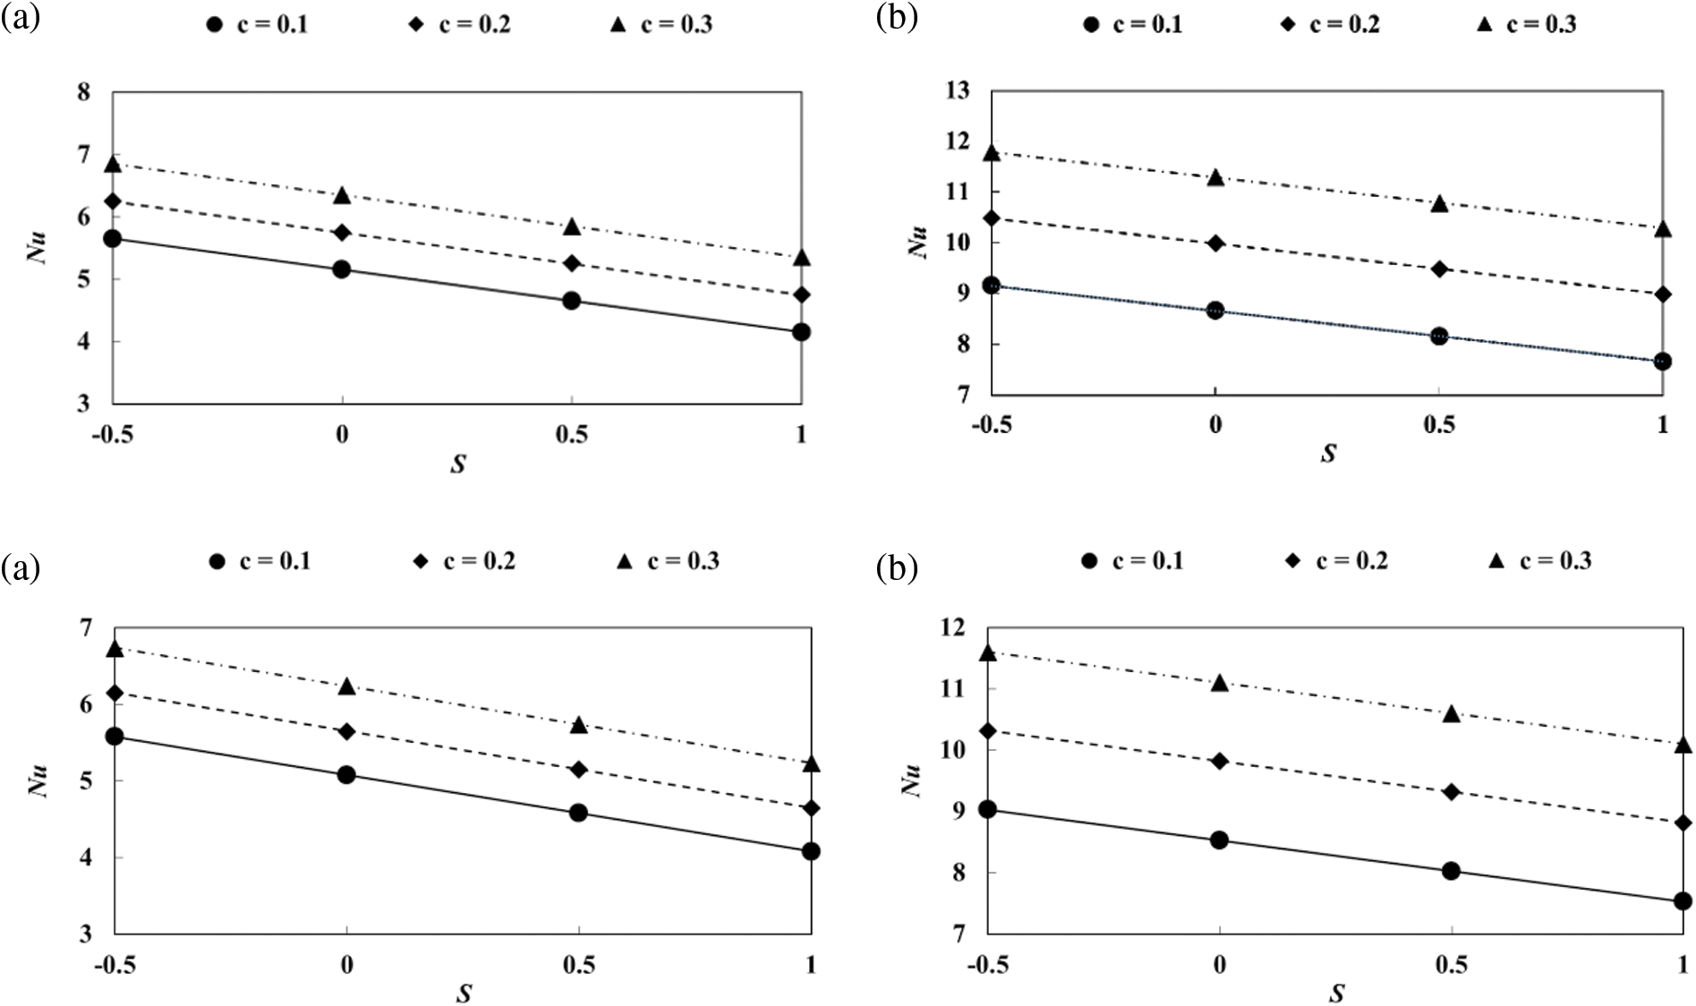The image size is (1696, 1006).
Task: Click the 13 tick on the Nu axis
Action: click(959, 91)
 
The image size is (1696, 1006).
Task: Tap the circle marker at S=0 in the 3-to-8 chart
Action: click(341, 269)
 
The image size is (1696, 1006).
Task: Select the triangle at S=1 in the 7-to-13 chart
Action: click(1662, 229)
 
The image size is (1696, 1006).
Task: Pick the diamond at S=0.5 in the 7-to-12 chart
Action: click(1451, 792)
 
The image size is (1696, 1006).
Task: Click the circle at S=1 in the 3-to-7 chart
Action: click(811, 851)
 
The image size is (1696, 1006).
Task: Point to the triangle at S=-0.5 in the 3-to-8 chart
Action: click(113, 164)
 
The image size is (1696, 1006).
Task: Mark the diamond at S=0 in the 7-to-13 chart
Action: click(1214, 243)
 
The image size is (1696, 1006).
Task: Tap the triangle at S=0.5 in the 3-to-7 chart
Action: click(578, 725)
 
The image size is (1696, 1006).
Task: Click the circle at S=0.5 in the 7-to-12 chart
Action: click(1451, 871)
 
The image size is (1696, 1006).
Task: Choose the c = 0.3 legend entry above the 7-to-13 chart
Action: click(1530, 24)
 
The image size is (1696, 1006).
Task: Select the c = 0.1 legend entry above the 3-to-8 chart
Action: click(257, 24)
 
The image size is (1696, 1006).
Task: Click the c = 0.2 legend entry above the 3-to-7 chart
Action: click(464, 561)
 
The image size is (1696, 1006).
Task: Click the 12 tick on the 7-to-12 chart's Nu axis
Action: click(952, 628)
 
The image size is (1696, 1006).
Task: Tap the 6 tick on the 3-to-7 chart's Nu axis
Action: click(84, 705)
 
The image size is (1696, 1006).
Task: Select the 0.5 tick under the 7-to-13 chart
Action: click(1438, 423)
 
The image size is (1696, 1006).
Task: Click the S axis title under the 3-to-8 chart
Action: click(458, 465)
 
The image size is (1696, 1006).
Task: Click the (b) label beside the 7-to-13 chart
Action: click(897, 18)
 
